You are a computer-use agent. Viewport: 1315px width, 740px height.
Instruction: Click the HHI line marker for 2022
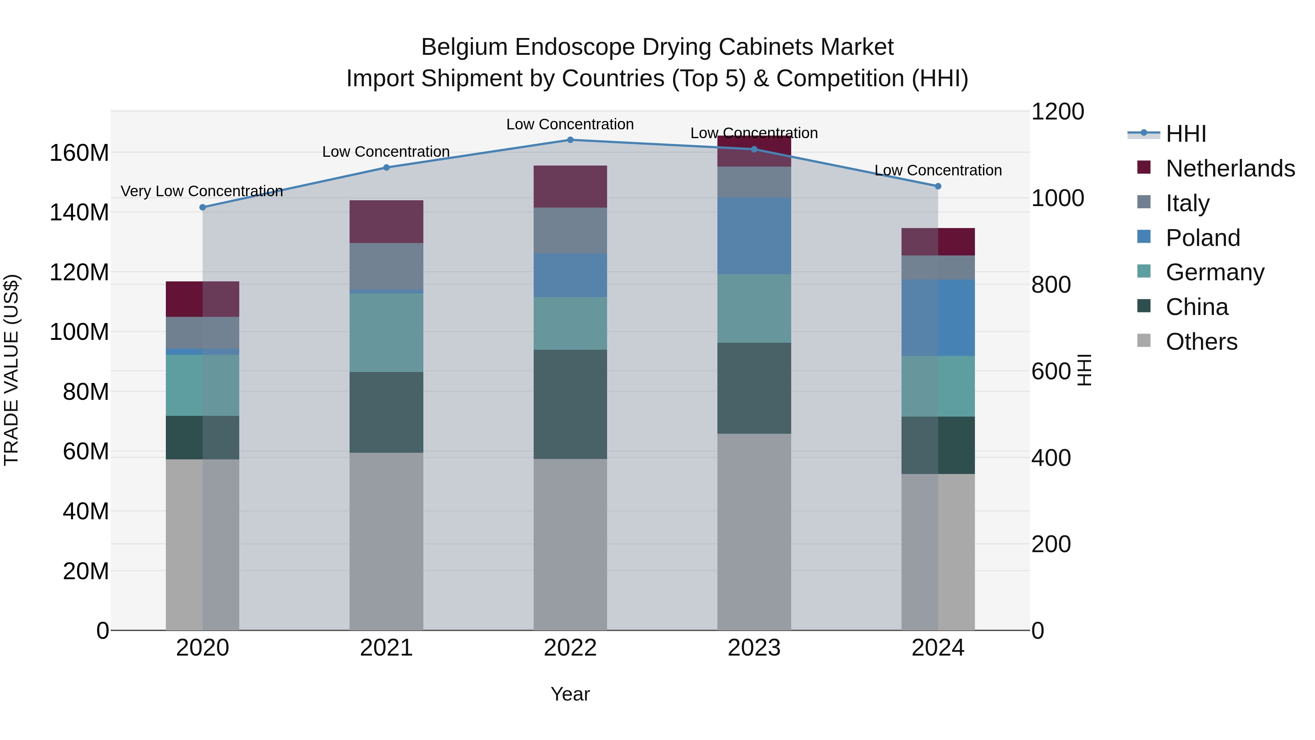coord(570,140)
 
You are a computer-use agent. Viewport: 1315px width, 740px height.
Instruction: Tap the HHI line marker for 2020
coord(203,207)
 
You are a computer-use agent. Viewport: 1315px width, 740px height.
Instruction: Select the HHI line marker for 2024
coord(938,186)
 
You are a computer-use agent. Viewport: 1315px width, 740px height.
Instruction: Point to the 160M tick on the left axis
coord(79,153)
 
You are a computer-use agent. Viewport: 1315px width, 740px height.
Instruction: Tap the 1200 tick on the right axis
coord(1057,111)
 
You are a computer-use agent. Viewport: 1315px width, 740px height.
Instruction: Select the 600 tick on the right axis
coord(1051,371)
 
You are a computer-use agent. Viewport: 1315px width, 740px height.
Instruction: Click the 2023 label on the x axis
coord(754,648)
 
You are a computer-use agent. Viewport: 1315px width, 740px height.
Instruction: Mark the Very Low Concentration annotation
coord(202,191)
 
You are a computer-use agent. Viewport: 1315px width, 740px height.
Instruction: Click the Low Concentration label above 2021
coord(386,152)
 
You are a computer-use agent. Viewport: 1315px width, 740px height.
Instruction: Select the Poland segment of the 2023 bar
coord(754,236)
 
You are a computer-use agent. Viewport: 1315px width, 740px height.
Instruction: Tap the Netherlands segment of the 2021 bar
coord(386,222)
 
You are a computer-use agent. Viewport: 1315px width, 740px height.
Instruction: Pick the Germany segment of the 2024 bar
coord(938,386)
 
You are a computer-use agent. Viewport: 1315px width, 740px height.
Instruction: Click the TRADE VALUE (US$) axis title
coord(11,370)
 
